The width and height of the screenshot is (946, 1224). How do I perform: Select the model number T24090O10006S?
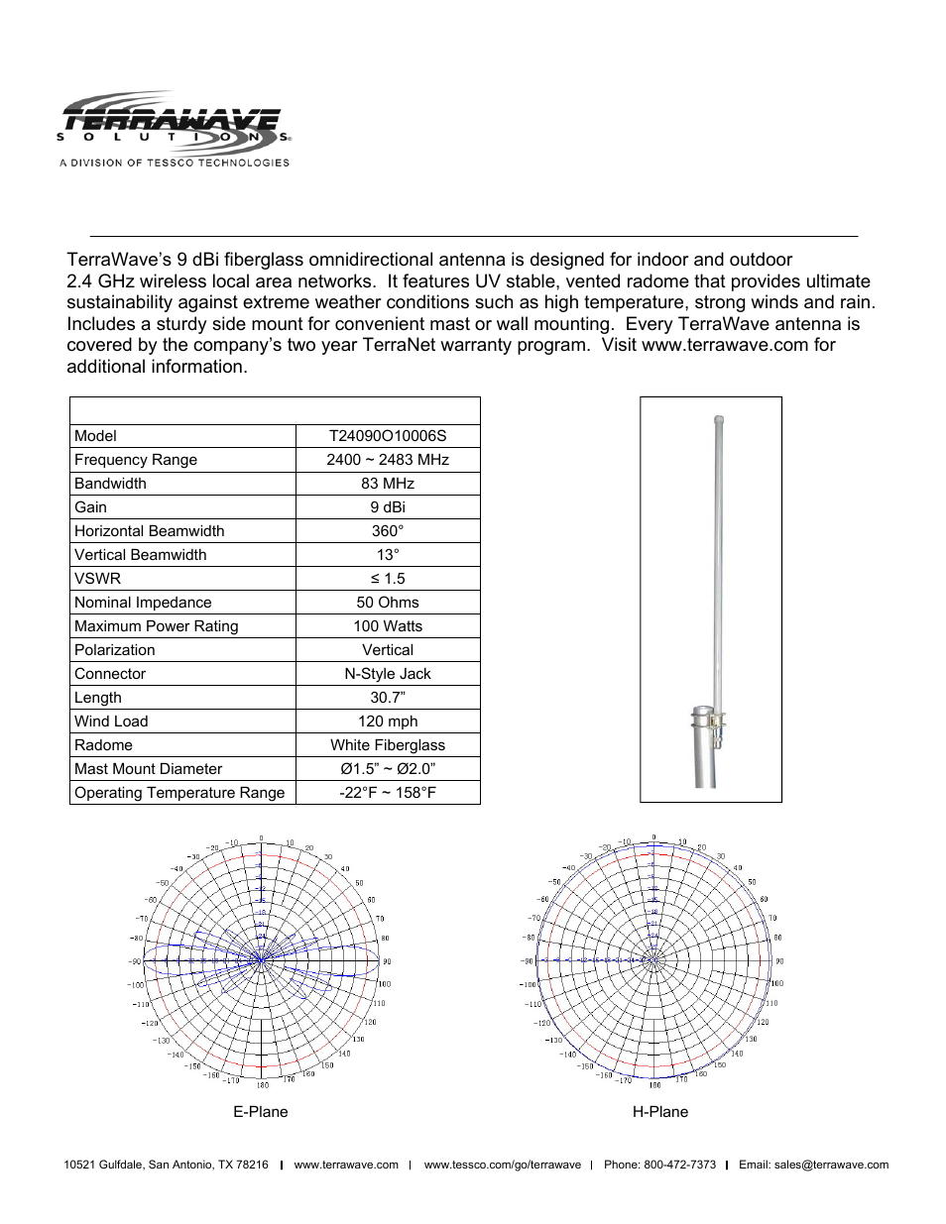pyautogui.click(x=388, y=436)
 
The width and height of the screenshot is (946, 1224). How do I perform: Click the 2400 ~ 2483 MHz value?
pyautogui.click(x=388, y=460)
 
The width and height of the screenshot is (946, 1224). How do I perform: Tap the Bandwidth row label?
pyautogui.click(x=110, y=484)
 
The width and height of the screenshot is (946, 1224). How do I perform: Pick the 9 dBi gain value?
pyautogui.click(x=388, y=507)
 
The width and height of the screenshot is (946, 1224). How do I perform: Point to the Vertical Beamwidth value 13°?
pyautogui.click(x=388, y=555)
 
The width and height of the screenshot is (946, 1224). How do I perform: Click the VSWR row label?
pyautogui.click(x=97, y=579)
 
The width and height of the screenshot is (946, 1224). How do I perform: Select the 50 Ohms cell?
pyautogui.click(x=388, y=603)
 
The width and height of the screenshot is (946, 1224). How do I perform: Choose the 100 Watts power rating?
pyautogui.click(x=388, y=626)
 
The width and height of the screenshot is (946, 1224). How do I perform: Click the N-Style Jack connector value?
pyautogui.click(x=388, y=674)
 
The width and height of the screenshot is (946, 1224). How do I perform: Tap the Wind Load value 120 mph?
pyautogui.click(x=388, y=722)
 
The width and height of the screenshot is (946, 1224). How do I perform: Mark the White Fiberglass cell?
pyautogui.click(x=388, y=745)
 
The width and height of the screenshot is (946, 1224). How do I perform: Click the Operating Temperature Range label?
pyautogui.click(x=179, y=793)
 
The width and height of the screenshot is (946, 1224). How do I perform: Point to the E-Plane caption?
pyautogui.click(x=261, y=1112)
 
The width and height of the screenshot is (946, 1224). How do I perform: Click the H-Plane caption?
pyautogui.click(x=660, y=1112)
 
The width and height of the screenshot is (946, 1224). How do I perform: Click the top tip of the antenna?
pyautogui.click(x=719, y=420)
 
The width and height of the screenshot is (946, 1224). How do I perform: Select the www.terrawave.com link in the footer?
pyautogui.click(x=346, y=1165)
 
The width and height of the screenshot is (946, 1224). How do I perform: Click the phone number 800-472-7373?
pyautogui.click(x=679, y=1165)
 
